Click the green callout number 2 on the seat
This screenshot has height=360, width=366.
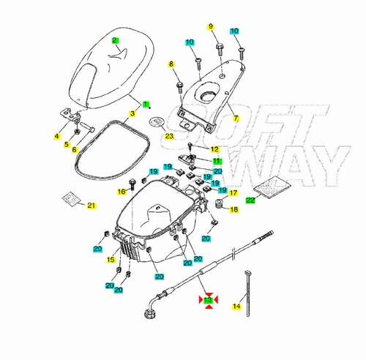tap(115, 40)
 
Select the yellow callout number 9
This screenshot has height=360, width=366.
tap(211, 26)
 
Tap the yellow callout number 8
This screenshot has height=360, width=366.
tap(171, 64)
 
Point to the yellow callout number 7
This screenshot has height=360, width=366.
tap(236, 119)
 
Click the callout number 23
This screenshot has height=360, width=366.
tap(169, 136)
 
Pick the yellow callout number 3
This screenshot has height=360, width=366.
tap(132, 113)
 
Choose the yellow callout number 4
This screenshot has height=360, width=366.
tap(57, 136)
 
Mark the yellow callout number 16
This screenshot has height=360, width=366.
tap(122, 192)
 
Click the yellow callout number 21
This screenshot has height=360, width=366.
tap(91, 206)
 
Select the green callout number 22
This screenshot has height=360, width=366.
tap(250, 200)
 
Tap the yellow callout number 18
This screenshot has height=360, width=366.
tap(234, 209)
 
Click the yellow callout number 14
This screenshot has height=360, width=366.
tap(236, 306)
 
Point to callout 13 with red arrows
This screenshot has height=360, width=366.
tap(208, 300)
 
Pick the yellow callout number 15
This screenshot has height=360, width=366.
tap(111, 260)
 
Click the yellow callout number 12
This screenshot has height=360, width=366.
tap(215, 149)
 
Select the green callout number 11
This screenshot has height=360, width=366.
tap(217, 161)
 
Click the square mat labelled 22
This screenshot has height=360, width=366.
tap(273, 187)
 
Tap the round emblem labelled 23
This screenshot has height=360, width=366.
tap(157, 121)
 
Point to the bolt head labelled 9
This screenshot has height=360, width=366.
tap(220, 45)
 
